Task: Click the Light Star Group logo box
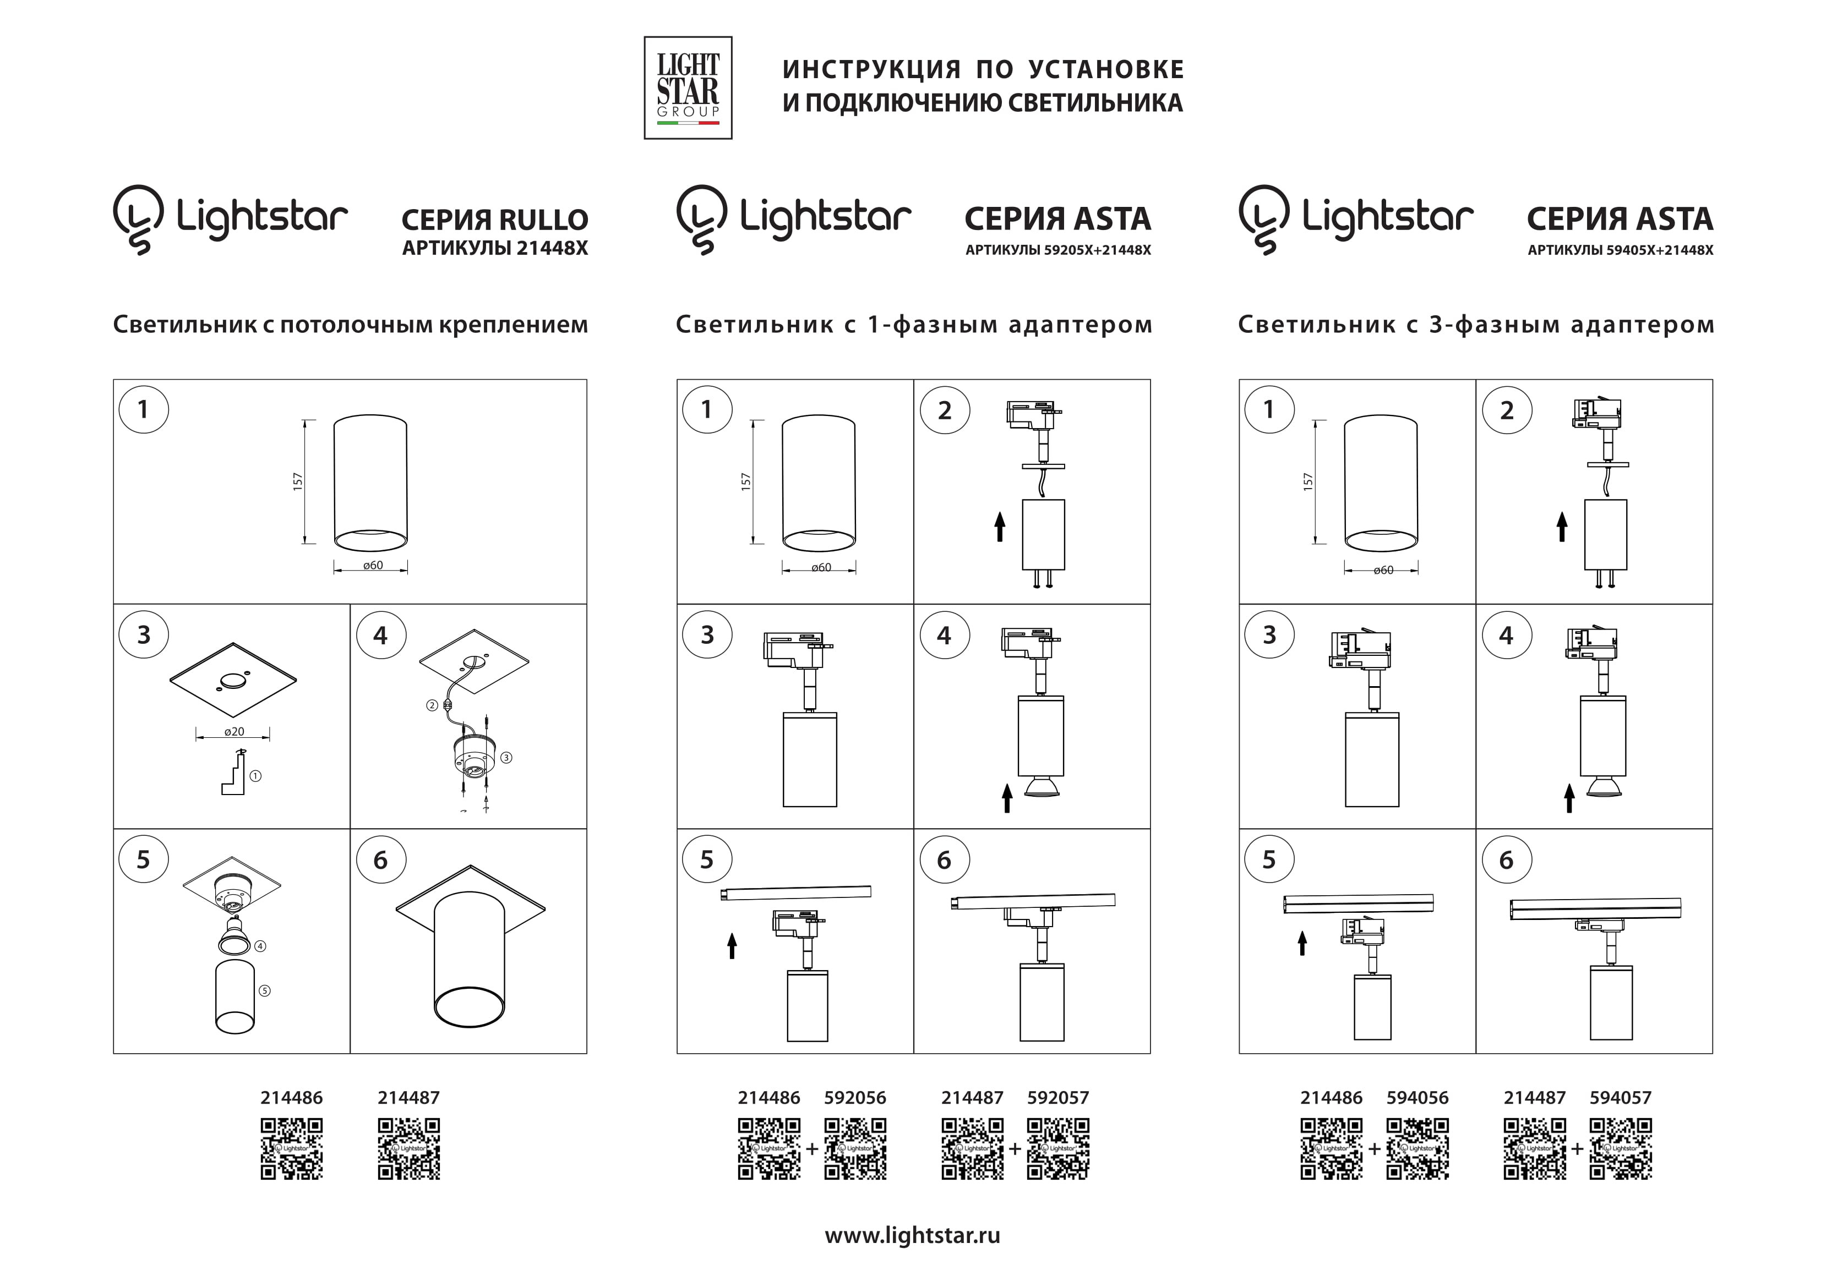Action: pyautogui.click(x=688, y=88)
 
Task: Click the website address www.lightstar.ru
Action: pyautogui.click(x=912, y=1235)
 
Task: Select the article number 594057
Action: pyautogui.click(x=1620, y=1098)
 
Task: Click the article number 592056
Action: pyautogui.click(x=855, y=1098)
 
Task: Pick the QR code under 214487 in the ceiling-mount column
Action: pyautogui.click(x=409, y=1149)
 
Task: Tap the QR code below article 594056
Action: pyautogui.click(x=1417, y=1149)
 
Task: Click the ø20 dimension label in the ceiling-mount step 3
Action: pyautogui.click(x=234, y=732)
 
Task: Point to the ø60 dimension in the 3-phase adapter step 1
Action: pyautogui.click(x=1383, y=570)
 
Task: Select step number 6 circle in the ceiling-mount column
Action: pyautogui.click(x=381, y=861)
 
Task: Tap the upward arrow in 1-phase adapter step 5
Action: pyautogui.click(x=732, y=945)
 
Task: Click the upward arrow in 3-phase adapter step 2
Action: pyautogui.click(x=1562, y=527)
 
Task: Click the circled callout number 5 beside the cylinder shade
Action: pyautogui.click(x=265, y=990)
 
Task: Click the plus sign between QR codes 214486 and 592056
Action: pyautogui.click(x=812, y=1149)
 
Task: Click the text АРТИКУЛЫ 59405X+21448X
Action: pyautogui.click(x=1620, y=250)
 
